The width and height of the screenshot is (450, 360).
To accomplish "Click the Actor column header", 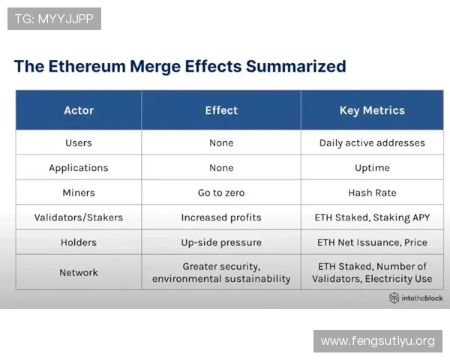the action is click(x=79, y=110).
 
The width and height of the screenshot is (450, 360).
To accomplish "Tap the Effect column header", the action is click(x=221, y=110).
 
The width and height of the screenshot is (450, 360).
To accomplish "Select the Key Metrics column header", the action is click(x=372, y=110).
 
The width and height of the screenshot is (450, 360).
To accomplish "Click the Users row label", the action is click(x=79, y=142).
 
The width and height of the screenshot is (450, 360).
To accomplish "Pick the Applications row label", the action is click(x=79, y=168).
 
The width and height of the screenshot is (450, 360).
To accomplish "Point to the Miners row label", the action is click(x=79, y=193).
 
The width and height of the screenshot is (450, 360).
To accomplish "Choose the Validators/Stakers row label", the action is click(x=79, y=217).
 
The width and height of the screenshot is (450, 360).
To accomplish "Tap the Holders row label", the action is click(x=79, y=242).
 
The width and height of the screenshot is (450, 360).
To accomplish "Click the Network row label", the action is click(x=79, y=272).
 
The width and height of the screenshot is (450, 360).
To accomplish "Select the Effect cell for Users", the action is click(x=221, y=142).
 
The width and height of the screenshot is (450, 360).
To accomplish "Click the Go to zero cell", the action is click(x=221, y=193).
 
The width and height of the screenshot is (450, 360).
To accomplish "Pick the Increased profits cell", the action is click(x=221, y=217).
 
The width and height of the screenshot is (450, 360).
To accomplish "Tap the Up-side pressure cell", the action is click(x=221, y=242).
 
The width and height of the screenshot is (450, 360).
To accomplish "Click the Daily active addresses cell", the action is click(x=372, y=142).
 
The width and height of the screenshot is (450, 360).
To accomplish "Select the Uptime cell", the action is click(x=372, y=168).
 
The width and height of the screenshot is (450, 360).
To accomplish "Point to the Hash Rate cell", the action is click(x=372, y=193).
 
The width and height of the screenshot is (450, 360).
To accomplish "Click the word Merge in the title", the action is click(x=155, y=67).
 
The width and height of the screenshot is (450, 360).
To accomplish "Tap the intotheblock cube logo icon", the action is click(x=394, y=298).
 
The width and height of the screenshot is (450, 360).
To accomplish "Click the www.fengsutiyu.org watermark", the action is click(x=378, y=341).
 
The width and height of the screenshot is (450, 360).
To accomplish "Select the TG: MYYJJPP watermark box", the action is click(x=54, y=19).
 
